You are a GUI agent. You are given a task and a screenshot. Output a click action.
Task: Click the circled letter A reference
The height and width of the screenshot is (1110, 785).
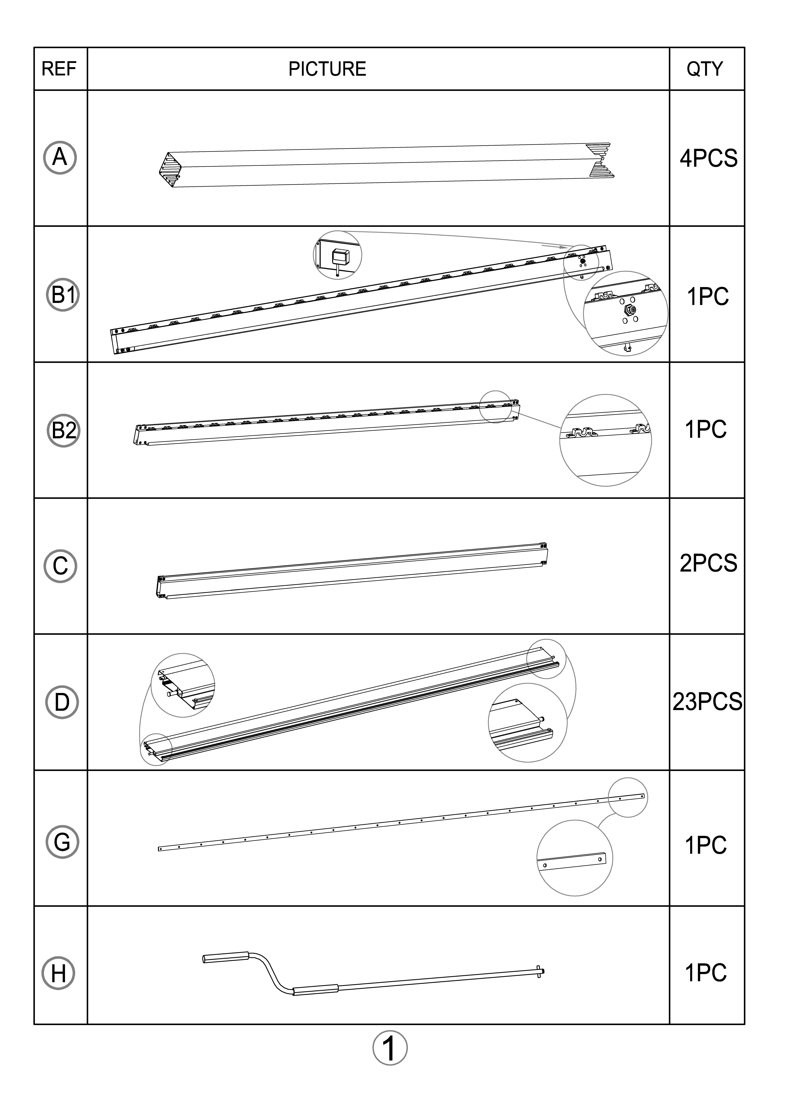tap(60, 158)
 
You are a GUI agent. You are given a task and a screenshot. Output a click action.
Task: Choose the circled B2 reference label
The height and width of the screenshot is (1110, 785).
tap(63, 430)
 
